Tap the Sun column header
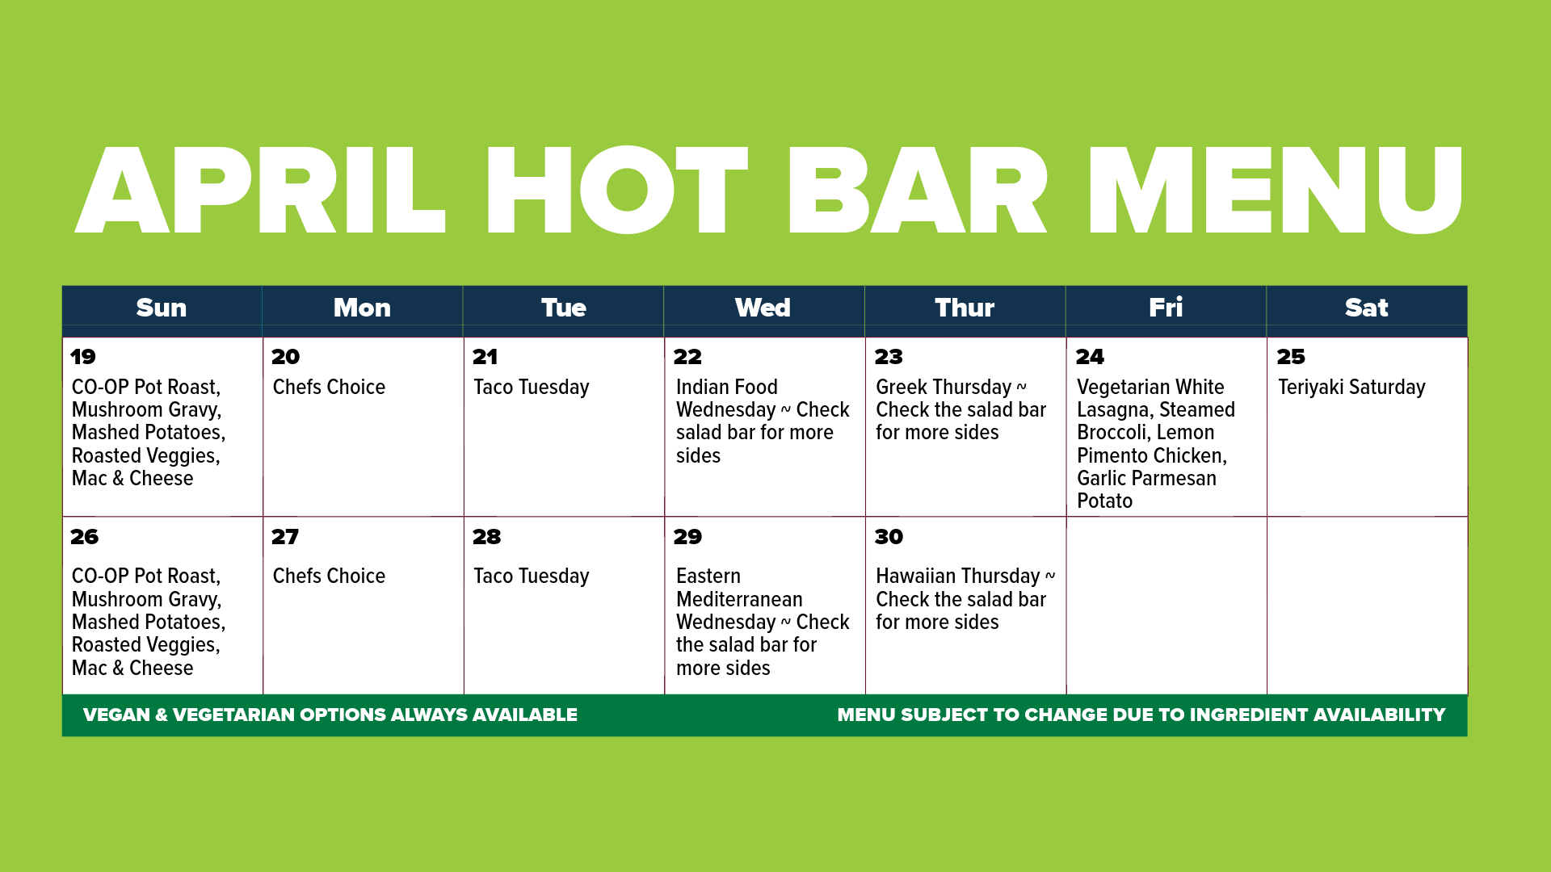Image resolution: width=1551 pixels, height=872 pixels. [162, 308]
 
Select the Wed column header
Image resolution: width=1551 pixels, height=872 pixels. [763, 308]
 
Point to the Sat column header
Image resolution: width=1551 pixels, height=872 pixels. [1366, 308]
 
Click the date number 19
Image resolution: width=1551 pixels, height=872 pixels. [82, 357]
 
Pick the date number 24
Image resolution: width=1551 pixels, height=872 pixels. [1090, 357]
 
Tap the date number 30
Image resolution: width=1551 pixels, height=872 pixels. [889, 537]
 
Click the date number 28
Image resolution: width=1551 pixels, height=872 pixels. [486, 537]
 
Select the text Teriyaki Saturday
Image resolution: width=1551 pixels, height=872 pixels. [1351, 388]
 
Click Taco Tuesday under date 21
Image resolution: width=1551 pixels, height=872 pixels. [532, 388]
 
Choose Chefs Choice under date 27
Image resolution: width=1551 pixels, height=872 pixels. [329, 576]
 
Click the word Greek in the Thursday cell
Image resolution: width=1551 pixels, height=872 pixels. [902, 388]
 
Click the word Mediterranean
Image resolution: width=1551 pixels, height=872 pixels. [739, 600]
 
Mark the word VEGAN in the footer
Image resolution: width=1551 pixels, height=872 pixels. [116, 715]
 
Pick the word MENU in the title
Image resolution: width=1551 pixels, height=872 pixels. [1275, 191]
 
